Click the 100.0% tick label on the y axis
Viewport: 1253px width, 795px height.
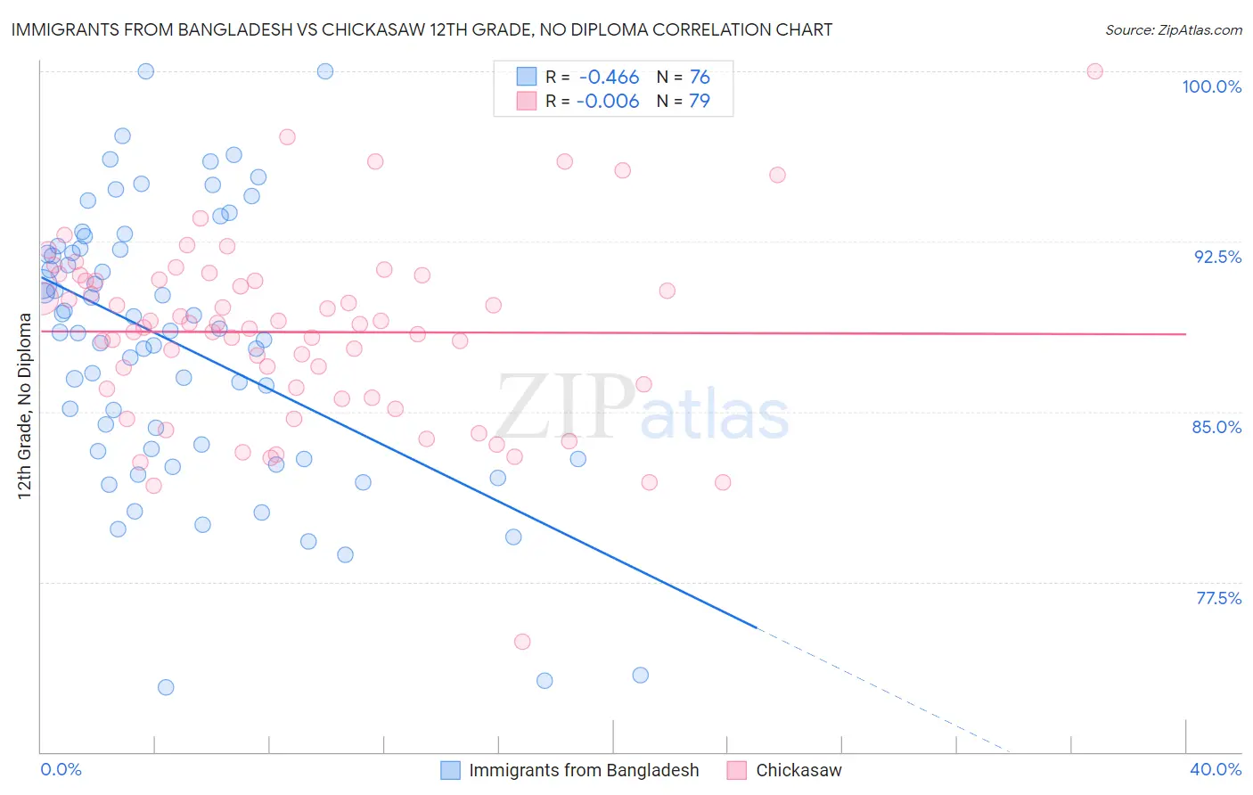(1211, 86)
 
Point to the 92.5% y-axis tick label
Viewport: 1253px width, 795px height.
(1217, 257)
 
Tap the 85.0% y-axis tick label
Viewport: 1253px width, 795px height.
(1216, 427)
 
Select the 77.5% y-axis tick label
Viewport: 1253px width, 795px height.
(1218, 598)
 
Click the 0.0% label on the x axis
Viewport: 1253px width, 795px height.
(61, 769)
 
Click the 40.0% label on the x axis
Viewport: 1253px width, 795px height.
(1216, 769)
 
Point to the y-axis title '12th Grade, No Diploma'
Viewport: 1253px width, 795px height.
(24, 406)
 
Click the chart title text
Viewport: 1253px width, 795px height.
(422, 29)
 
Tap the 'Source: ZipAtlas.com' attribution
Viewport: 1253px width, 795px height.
(1173, 30)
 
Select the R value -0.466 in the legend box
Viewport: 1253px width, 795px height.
(608, 78)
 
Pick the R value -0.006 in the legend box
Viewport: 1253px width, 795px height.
(608, 101)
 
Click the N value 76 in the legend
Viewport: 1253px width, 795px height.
(700, 78)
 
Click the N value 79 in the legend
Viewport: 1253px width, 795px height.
(700, 101)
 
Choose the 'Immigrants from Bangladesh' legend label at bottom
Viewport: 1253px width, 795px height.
(584, 770)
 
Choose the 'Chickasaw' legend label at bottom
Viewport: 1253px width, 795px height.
(798, 770)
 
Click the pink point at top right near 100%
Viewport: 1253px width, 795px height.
(1095, 71)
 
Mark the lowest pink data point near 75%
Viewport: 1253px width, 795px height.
(522, 642)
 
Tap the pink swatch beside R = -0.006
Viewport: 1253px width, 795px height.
(527, 101)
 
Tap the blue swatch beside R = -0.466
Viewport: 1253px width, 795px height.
(527, 78)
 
